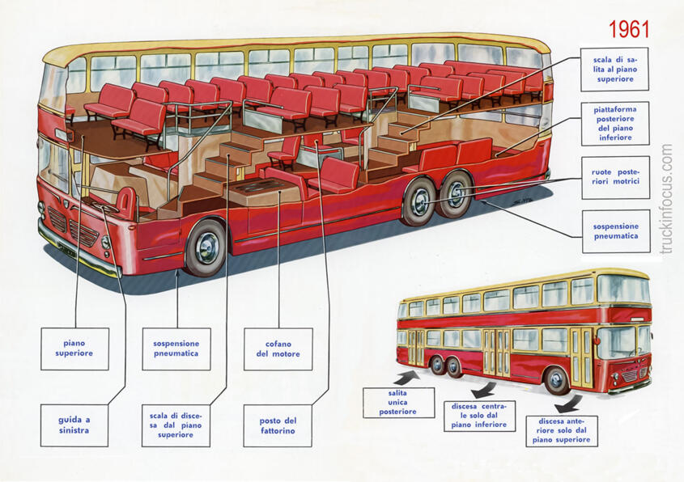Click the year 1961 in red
tap(629, 30)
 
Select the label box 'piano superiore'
tap(74, 349)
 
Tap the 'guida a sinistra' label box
tap(74, 425)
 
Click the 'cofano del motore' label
tap(278, 349)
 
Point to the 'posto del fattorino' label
tap(278, 425)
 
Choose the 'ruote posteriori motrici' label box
tap(615, 177)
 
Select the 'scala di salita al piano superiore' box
tap(615, 70)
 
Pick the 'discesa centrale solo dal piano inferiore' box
tap(479, 415)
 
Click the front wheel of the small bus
tap(557, 379)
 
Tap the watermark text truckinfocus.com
tap(666, 199)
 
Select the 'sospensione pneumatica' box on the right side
tap(615, 231)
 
